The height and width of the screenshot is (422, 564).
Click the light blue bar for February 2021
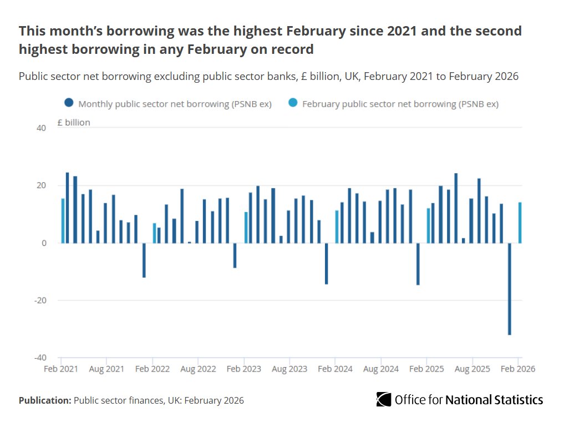(63, 220)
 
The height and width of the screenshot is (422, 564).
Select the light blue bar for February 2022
(155, 233)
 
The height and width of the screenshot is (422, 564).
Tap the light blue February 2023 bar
(246, 227)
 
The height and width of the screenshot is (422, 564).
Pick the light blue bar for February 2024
(337, 227)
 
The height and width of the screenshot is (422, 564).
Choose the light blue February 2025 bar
(428, 225)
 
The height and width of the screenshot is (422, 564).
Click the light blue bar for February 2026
(520, 223)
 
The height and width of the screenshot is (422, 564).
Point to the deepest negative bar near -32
(509, 289)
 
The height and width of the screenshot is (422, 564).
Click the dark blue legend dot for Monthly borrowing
(69, 103)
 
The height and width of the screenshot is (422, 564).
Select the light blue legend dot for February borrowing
(293, 103)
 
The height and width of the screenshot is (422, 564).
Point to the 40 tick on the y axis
(42, 128)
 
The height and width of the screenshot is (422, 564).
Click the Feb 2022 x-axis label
(153, 369)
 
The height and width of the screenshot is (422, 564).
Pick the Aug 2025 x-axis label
(472, 369)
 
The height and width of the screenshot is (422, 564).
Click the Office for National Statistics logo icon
(384, 399)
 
